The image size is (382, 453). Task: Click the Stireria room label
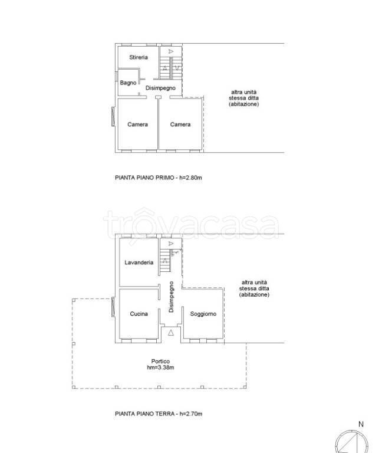(x=139, y=57)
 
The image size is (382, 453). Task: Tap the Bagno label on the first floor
(x=128, y=83)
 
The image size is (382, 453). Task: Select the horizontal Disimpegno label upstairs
(x=160, y=88)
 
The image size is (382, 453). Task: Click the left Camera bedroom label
(x=137, y=124)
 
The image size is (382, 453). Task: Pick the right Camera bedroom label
(x=180, y=124)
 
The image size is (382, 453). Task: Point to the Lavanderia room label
(x=139, y=262)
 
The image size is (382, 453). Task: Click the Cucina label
(x=139, y=313)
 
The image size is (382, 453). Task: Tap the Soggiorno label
(x=203, y=314)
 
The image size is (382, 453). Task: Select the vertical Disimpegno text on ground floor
(x=171, y=297)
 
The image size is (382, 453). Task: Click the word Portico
(x=160, y=361)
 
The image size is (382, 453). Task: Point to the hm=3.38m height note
(x=160, y=367)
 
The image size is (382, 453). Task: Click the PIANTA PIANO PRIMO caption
(x=158, y=178)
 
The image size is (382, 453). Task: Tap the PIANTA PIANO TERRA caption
(x=159, y=413)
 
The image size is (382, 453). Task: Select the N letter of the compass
(x=361, y=424)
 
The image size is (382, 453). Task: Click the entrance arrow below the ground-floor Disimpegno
(x=171, y=333)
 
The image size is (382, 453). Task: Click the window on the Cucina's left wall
(x=113, y=307)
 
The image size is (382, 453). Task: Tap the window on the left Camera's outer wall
(x=113, y=116)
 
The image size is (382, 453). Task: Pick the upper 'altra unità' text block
(x=243, y=98)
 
